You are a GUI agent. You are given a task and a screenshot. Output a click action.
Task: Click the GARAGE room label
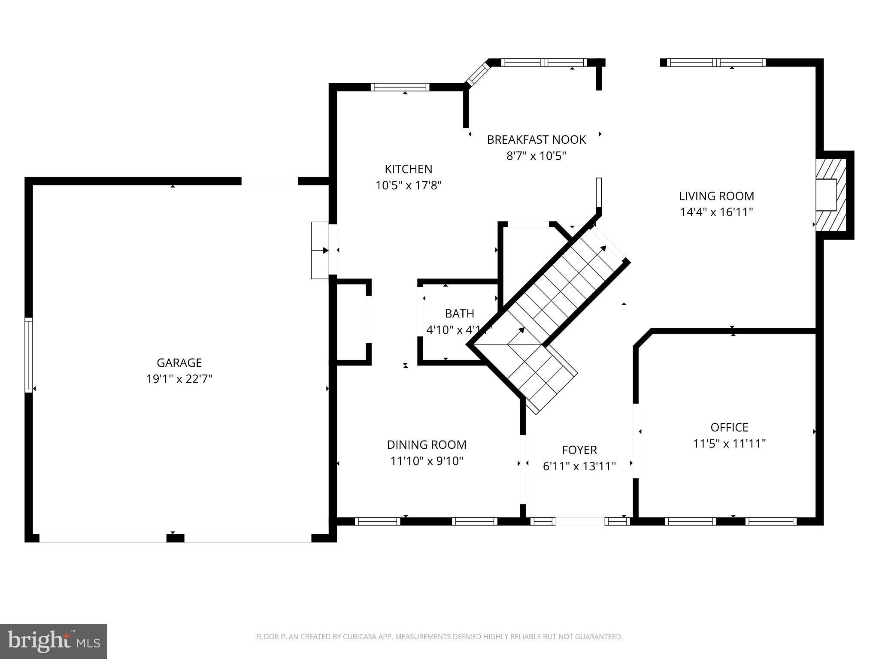pyautogui.click(x=179, y=363)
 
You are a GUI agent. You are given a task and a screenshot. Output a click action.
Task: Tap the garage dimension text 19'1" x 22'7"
pyautogui.click(x=179, y=379)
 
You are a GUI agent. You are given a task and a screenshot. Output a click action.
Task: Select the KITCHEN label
pyautogui.click(x=408, y=169)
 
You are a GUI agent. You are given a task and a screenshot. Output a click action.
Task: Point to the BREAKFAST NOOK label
pyautogui.click(x=536, y=139)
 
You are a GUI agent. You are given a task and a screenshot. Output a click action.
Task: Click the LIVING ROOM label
pyautogui.click(x=716, y=196)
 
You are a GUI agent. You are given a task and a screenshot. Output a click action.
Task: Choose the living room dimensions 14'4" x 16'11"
pyautogui.click(x=716, y=212)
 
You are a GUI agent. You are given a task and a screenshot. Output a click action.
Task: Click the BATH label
pyautogui.click(x=459, y=314)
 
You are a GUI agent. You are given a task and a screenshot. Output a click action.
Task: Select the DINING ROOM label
pyautogui.click(x=426, y=444)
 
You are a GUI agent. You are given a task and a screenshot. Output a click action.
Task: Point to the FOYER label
pyautogui.click(x=579, y=450)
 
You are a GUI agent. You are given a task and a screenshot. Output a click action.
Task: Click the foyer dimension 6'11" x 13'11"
pyautogui.click(x=579, y=466)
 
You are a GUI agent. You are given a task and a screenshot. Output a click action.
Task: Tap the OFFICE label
pyautogui.click(x=729, y=427)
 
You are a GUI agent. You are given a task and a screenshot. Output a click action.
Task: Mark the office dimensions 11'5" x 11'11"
pyautogui.click(x=729, y=444)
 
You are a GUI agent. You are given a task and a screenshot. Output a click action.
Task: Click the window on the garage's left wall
pyautogui.click(x=29, y=355)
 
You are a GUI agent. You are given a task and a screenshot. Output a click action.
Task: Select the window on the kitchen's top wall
pyautogui.click(x=400, y=87)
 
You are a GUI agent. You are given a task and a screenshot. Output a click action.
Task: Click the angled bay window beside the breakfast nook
pyautogui.click(x=478, y=74)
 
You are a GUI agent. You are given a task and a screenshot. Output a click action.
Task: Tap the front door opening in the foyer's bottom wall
pyautogui.click(x=580, y=521)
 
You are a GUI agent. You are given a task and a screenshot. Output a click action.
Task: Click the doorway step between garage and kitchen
pyautogui.click(x=320, y=250)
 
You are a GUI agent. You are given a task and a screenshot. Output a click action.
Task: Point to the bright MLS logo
pyautogui.click(x=54, y=641)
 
